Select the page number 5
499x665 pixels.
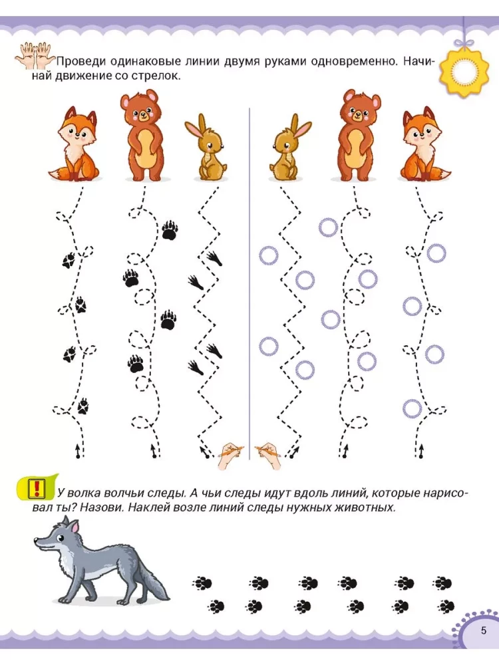coord(484,630)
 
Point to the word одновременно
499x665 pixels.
coord(355,62)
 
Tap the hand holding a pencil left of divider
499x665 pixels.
coord(231,455)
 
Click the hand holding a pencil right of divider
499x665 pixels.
coord(268,455)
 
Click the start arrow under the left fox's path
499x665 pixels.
coord(78,451)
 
